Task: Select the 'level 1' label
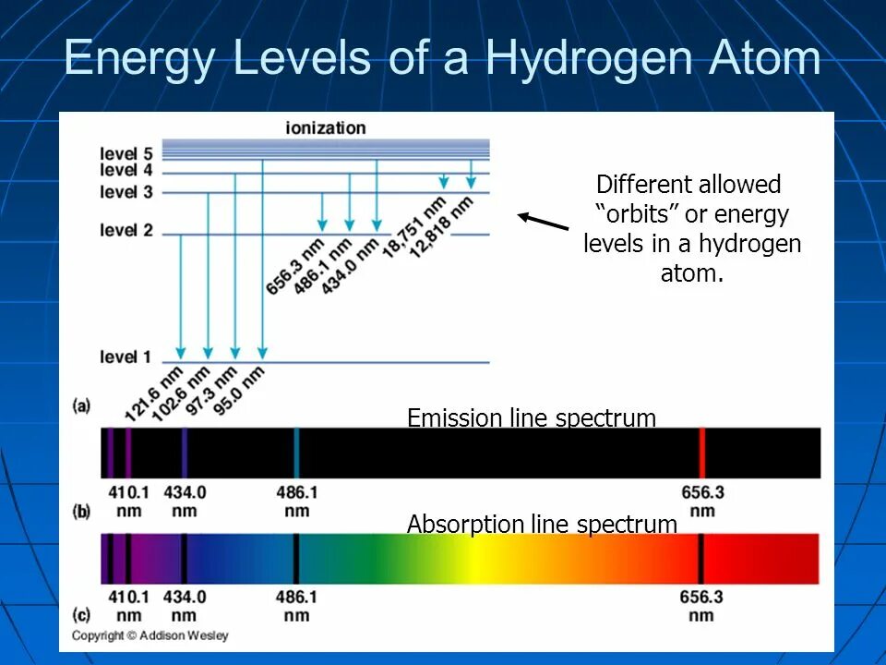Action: [x=126, y=357]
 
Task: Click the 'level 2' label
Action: [x=126, y=230]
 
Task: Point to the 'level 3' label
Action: [x=126, y=192]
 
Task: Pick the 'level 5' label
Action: [x=126, y=153]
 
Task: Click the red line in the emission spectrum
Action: [x=702, y=453]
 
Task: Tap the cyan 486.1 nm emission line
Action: [x=296, y=453]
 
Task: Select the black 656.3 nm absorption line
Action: [x=700, y=559]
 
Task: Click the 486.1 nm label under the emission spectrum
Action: [x=296, y=502]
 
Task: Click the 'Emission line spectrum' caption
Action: [x=532, y=418]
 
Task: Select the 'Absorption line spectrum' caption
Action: [x=542, y=525]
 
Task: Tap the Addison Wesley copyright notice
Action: [x=150, y=635]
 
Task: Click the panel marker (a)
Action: [x=81, y=405]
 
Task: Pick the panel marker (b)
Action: [x=81, y=510]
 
